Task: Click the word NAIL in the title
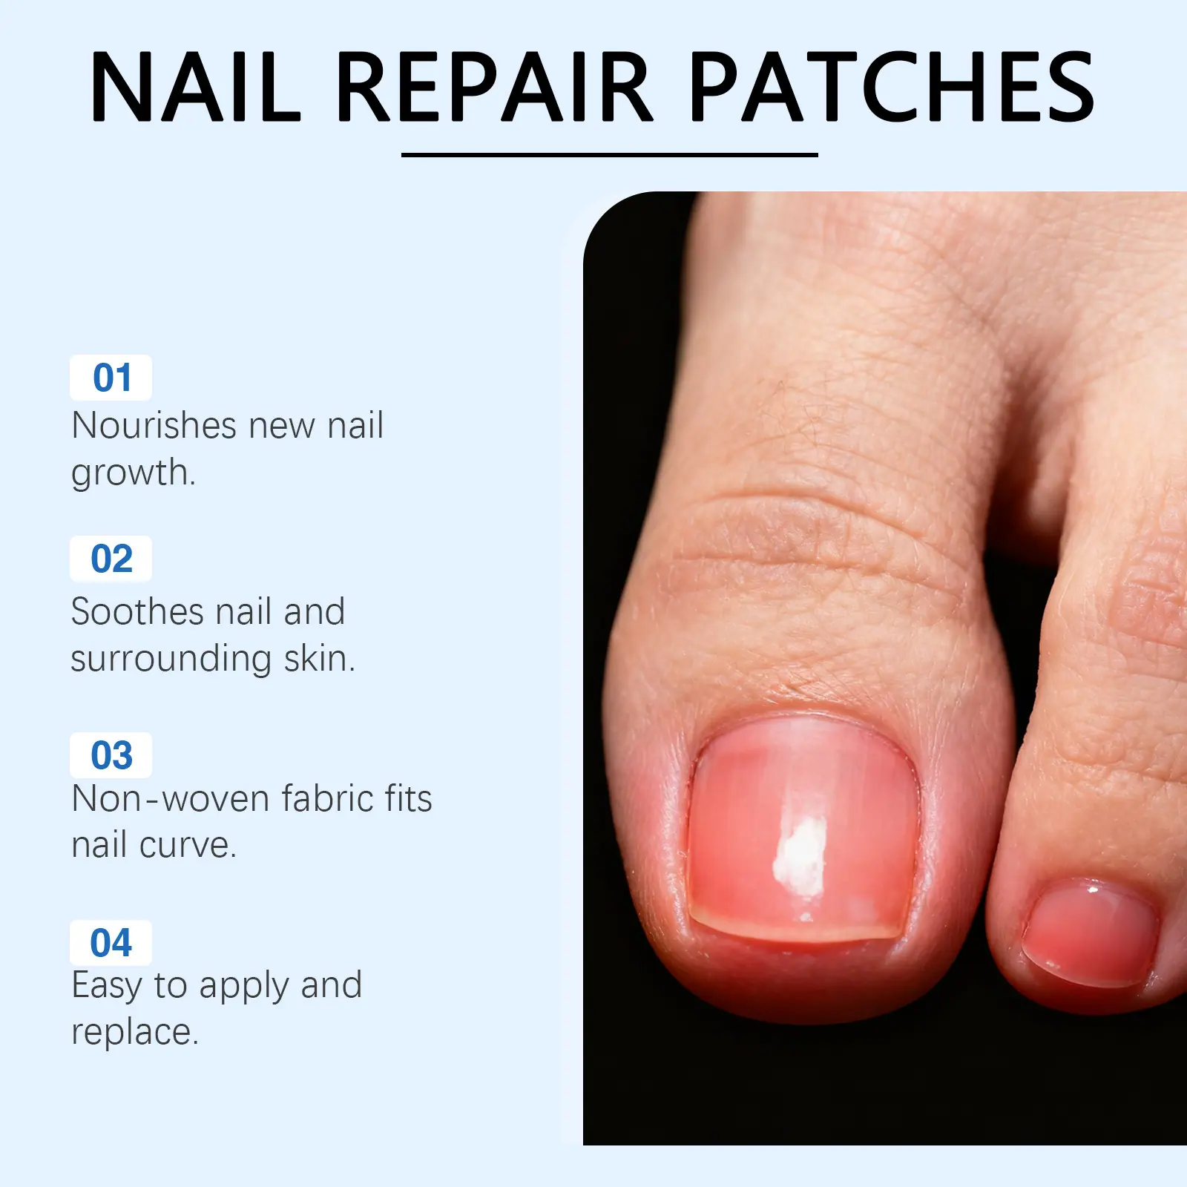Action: click(x=195, y=86)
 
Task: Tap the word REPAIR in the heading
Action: click(x=495, y=86)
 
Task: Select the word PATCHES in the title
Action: click(x=892, y=86)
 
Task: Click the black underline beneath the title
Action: click(x=609, y=154)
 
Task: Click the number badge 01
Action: click(x=111, y=378)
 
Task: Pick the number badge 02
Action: click(x=111, y=559)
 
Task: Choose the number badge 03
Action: click(x=111, y=755)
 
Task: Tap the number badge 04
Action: click(x=111, y=943)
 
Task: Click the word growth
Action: click(x=133, y=473)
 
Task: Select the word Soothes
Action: click(x=137, y=612)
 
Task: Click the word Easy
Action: click(x=107, y=987)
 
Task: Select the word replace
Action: click(x=134, y=1033)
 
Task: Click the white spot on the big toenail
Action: click(x=800, y=857)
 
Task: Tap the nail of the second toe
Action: click(x=1089, y=933)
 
